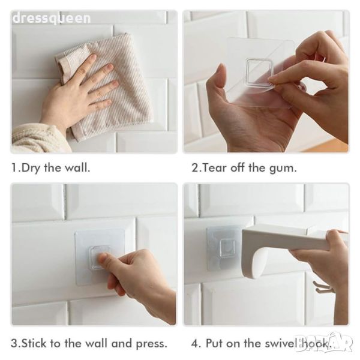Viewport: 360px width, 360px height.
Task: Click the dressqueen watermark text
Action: (x=52, y=19)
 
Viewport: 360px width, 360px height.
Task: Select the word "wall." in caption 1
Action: (x=77, y=167)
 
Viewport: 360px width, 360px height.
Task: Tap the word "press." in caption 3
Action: (x=152, y=344)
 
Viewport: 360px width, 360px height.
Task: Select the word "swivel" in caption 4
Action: (x=282, y=343)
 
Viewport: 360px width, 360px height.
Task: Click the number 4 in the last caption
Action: (x=195, y=344)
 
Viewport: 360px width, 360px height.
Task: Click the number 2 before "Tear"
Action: (x=195, y=168)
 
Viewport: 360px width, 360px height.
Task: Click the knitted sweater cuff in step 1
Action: (x=39, y=139)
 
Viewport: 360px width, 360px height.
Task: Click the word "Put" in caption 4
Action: (x=214, y=343)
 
